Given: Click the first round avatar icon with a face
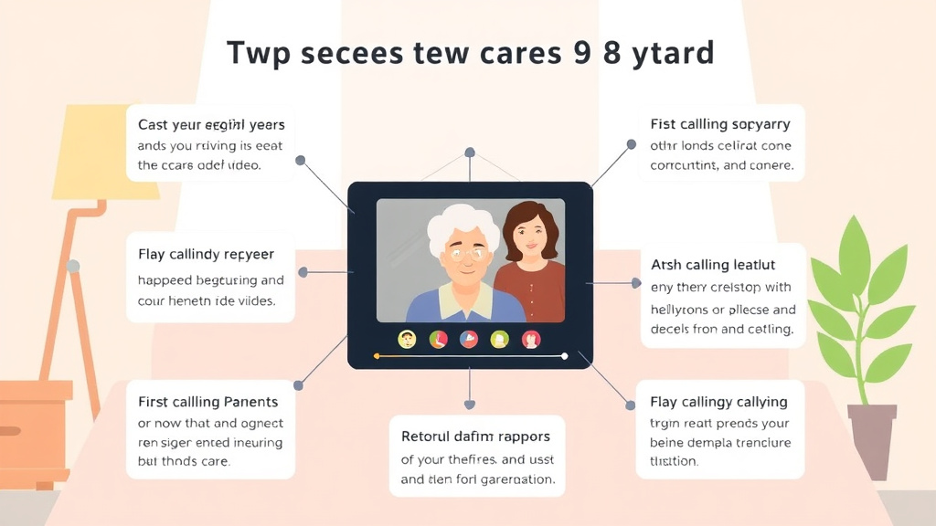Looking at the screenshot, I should pos(408,339).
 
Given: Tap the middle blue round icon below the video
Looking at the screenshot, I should pos(469,339).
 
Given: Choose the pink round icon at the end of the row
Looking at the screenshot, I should pos(531,340).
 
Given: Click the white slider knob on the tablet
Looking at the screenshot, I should pos(564,355).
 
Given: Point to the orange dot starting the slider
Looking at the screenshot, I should pos(377,355).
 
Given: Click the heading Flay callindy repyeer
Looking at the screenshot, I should pos(206,254).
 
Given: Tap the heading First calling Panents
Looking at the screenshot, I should pos(207,402).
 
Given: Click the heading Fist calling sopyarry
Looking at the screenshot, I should pos(720,123).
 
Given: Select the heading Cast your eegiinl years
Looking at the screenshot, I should pos(211,124).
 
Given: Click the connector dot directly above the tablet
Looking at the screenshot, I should pos(470,152).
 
